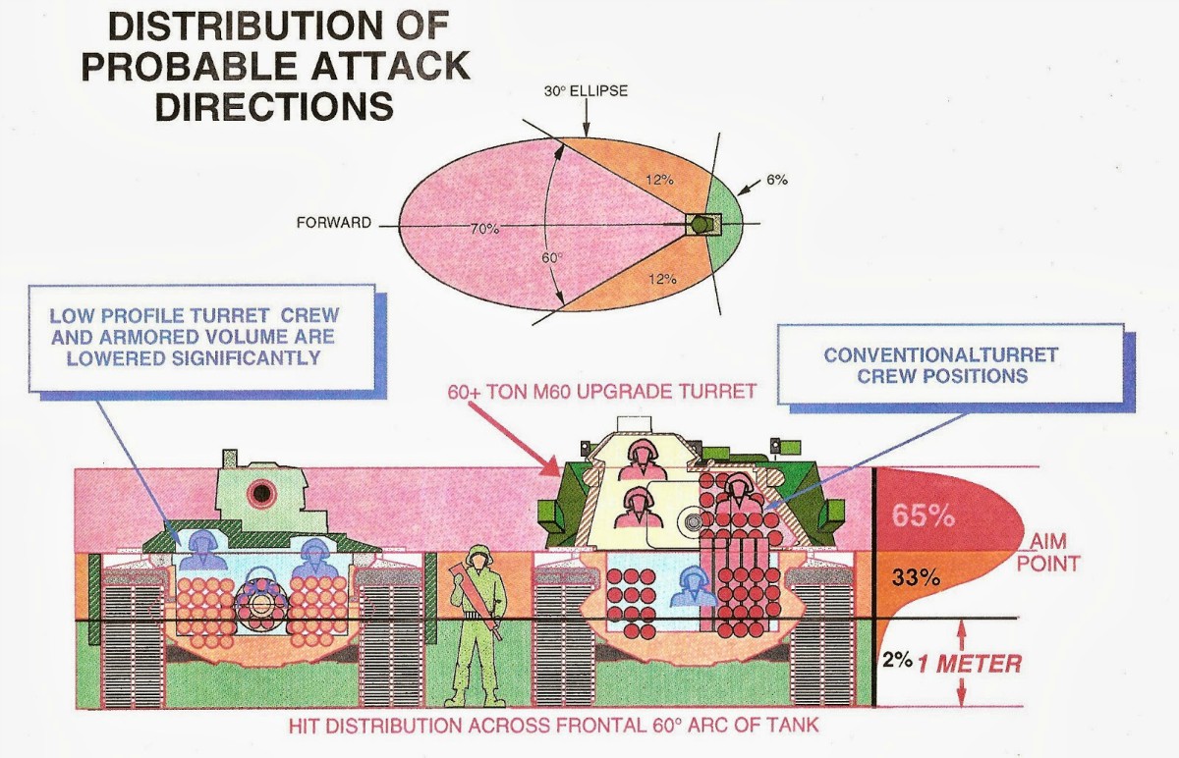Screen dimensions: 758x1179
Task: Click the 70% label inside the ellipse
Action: (x=484, y=228)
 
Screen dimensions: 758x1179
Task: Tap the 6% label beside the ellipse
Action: (x=777, y=180)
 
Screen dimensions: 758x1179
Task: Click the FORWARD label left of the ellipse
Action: (x=334, y=223)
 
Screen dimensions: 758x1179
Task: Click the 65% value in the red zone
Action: (x=923, y=514)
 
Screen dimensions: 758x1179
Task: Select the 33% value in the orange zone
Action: (x=912, y=577)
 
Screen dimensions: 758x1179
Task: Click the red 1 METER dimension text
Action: (x=970, y=664)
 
